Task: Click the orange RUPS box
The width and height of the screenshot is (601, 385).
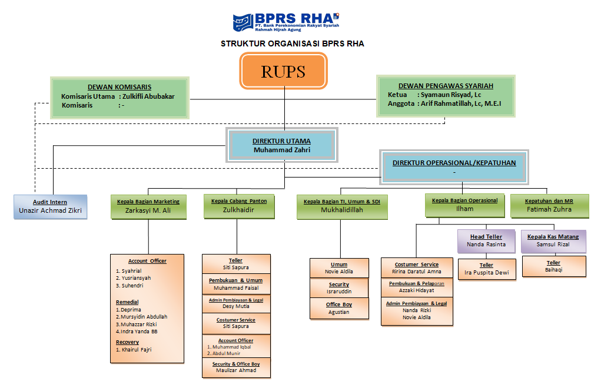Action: (283, 71)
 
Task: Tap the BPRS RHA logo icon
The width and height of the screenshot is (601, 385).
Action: (243, 23)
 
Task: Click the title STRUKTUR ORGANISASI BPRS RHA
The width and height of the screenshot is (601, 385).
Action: (296, 43)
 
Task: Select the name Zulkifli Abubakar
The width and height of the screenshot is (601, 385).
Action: (148, 96)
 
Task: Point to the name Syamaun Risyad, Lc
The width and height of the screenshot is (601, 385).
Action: (449, 94)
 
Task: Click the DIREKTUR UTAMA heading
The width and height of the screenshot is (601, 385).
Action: (281, 141)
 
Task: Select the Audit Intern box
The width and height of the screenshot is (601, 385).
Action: (51, 206)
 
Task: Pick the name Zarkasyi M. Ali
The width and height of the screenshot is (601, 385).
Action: (148, 210)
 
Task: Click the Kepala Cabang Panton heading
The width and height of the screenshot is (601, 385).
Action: (239, 201)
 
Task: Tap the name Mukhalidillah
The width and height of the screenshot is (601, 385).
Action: (341, 210)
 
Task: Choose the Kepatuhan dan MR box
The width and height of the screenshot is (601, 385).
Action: (549, 205)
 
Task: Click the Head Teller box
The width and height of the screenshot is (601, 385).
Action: (486, 240)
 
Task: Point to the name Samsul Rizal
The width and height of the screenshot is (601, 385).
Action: (553, 245)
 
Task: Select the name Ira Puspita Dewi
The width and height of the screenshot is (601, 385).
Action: (486, 273)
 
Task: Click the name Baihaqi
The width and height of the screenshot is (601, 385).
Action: (553, 270)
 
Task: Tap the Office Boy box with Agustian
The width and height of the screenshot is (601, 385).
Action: (338, 309)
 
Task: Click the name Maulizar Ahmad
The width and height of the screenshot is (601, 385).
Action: (236, 370)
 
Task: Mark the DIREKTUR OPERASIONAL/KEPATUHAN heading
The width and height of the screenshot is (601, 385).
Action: (454, 163)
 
